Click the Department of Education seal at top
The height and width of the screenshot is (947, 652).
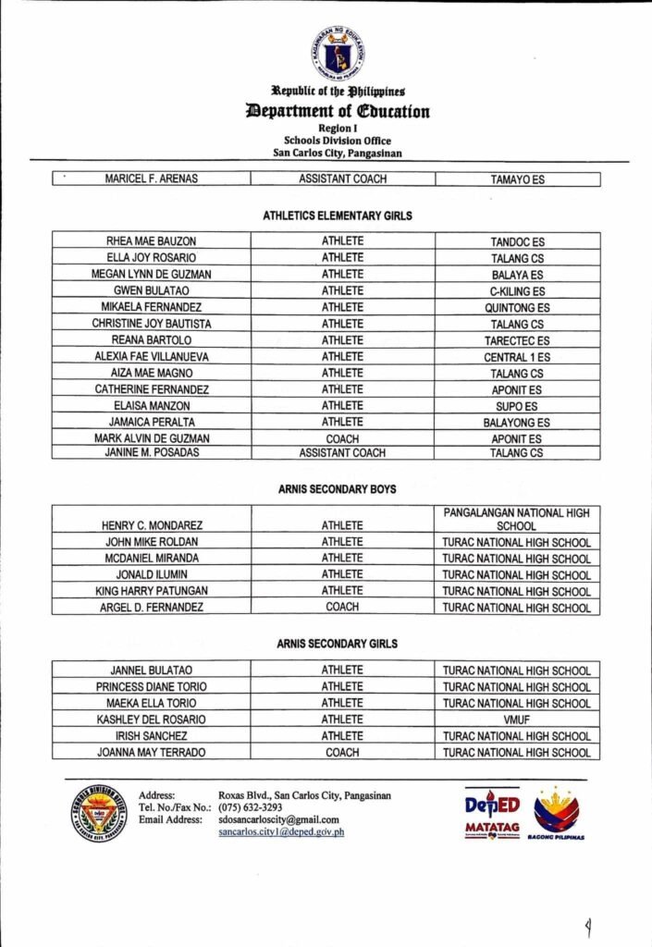point(337,53)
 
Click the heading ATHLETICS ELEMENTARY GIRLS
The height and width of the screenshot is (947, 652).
point(338,215)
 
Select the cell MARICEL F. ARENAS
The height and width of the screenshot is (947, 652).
point(151,179)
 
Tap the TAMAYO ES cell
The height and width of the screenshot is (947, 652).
point(517,179)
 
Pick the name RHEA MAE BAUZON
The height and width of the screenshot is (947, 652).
point(151,241)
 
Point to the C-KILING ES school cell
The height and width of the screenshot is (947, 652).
point(517,291)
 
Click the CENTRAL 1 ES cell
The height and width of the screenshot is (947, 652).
point(517,357)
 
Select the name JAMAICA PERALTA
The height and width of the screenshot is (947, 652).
point(151,423)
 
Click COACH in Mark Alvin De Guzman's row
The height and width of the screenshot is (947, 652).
point(342,439)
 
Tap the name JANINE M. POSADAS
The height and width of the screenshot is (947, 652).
point(151,453)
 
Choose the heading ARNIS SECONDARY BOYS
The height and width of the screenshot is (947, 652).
point(338,489)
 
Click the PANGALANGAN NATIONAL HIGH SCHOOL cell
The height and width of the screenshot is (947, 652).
point(517,519)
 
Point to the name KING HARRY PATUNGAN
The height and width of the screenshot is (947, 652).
point(151,591)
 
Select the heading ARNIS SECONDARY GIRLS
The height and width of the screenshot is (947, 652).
point(338,644)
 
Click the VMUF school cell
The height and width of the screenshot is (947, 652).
point(517,719)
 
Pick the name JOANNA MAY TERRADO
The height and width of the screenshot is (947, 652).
point(151,753)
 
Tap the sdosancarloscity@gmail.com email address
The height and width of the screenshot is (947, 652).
point(278,819)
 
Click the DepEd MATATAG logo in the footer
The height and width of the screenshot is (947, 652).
point(491,812)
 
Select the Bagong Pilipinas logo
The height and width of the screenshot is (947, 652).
point(557,813)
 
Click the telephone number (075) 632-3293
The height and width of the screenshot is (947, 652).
point(251,807)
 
